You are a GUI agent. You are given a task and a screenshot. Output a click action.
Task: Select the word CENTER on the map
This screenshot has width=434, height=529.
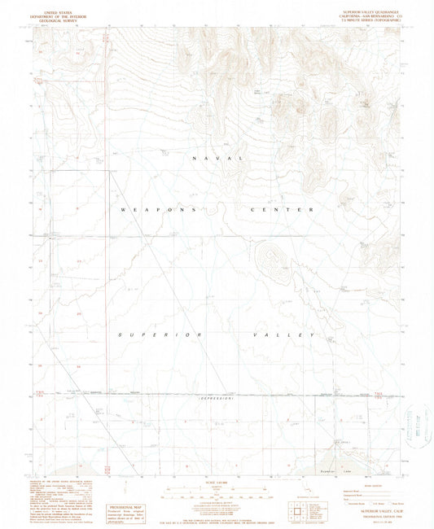(x=278, y=210)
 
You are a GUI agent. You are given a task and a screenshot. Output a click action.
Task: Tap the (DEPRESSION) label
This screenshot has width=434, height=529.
(x=217, y=399)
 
